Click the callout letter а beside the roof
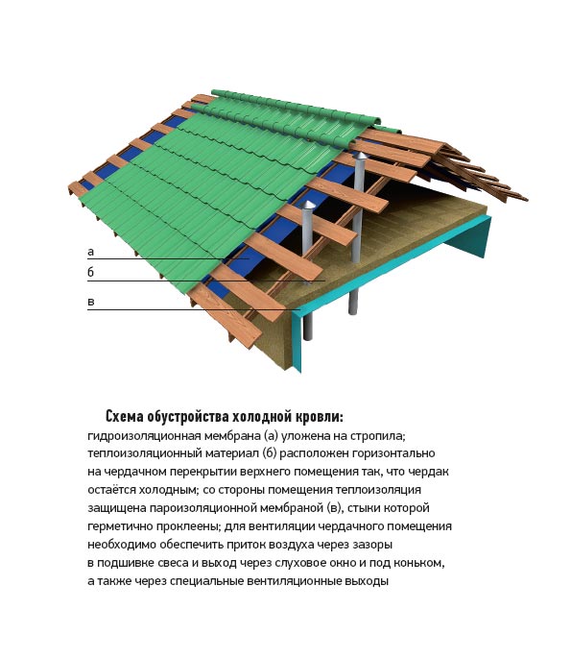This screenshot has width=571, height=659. click(x=90, y=252)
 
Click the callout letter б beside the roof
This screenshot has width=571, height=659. click(x=90, y=272)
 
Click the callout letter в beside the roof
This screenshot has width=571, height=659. click(x=90, y=302)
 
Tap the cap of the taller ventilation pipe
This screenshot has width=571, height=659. click(x=360, y=156)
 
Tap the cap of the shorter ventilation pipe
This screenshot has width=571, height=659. click(x=308, y=205)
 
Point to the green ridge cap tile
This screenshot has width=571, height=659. click(x=296, y=108)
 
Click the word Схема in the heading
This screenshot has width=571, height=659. click(x=125, y=417)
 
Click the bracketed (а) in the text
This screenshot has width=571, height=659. click(x=272, y=436)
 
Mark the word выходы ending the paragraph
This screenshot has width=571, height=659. click(x=367, y=581)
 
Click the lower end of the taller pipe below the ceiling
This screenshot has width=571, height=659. click(x=353, y=311)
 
